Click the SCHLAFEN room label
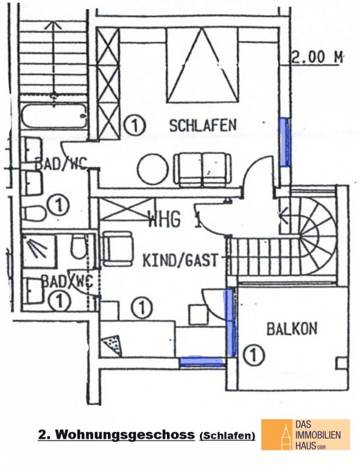pos(203,126)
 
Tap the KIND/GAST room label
pos(181,260)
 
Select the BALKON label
pos(292,328)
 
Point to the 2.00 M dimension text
pos(317,57)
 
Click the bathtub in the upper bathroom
pos(54,116)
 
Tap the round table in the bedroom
pos(154,169)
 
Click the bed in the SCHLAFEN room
pos(203,65)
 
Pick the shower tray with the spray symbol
pos(39,251)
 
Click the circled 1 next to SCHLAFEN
pos(134,126)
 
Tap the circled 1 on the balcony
pos(254,355)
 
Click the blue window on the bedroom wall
pos(284,142)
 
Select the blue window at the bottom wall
pos(201,361)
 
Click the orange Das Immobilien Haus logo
pos(305,434)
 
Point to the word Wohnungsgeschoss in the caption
pos(125,434)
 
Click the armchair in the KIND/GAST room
pos(117,249)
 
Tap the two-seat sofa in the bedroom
pos(202,169)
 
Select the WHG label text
pos(164,219)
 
